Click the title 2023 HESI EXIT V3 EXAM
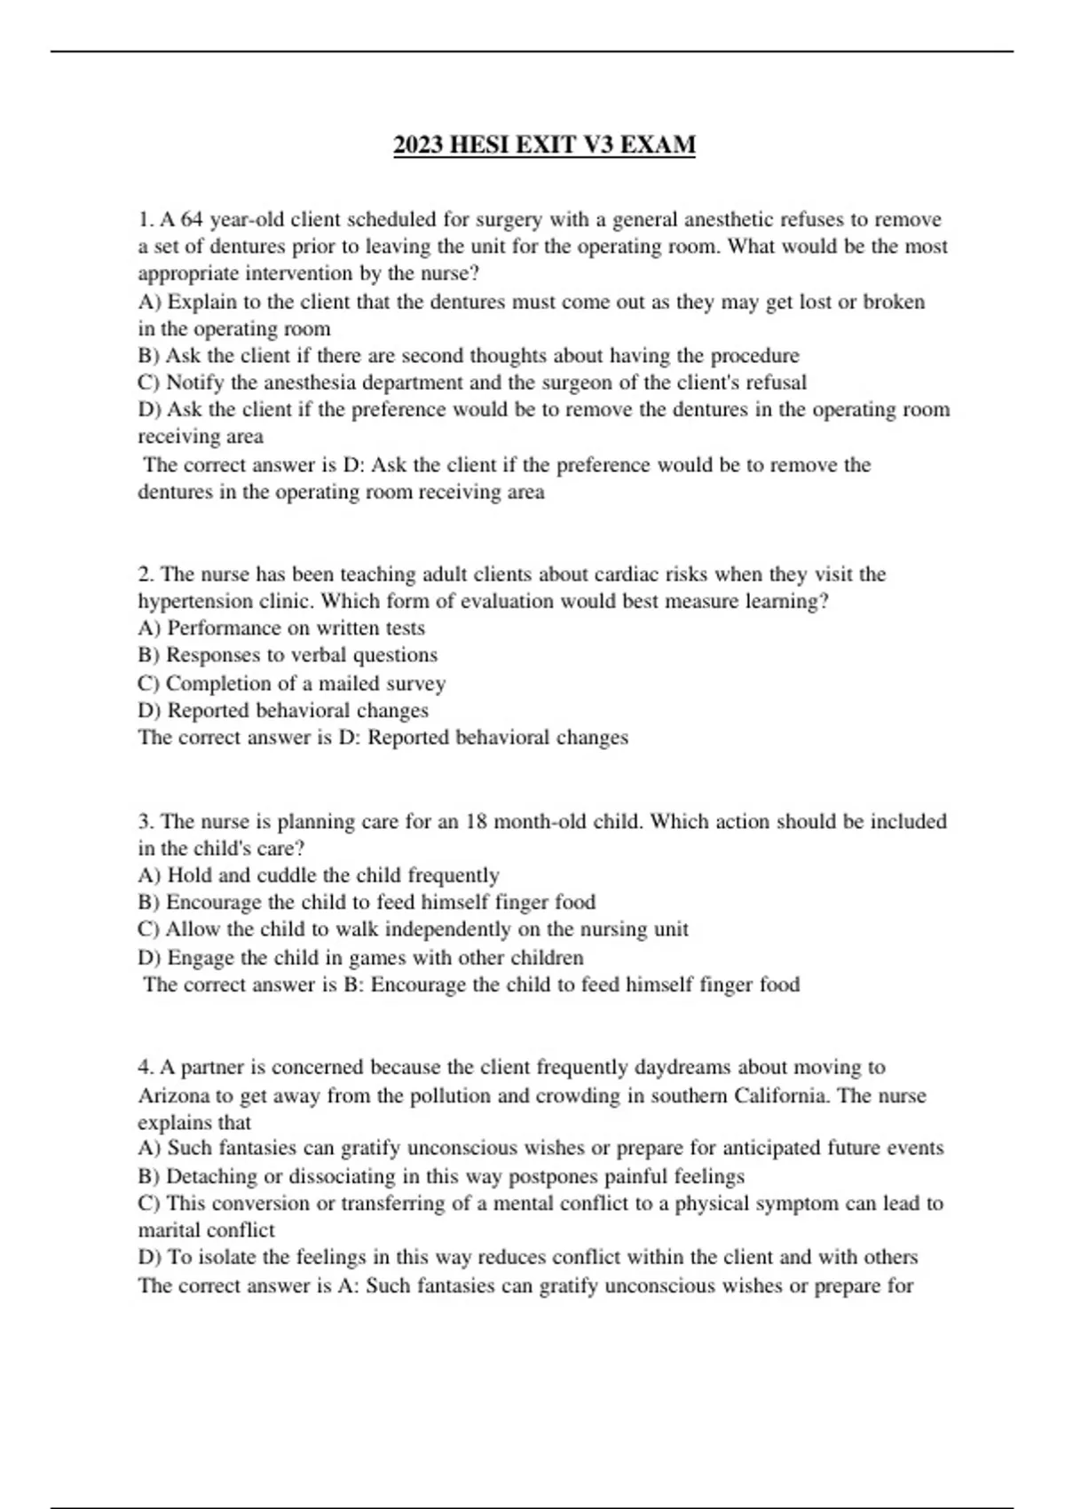point(544,145)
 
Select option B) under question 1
point(468,356)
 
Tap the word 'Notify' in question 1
point(194,383)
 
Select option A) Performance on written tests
point(281,628)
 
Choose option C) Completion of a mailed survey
point(291,683)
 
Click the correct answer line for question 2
point(383,738)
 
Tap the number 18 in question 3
point(477,821)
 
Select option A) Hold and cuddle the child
point(318,875)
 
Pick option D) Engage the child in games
point(360,958)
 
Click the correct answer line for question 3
point(470,984)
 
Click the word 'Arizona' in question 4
point(173,1095)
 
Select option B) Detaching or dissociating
point(441,1177)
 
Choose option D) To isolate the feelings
point(527,1258)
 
